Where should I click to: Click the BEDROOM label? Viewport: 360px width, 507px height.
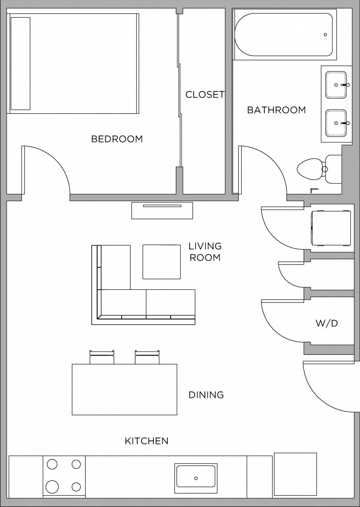(x=117, y=139)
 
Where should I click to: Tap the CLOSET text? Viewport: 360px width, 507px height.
(x=205, y=95)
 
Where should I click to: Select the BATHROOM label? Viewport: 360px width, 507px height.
(x=276, y=110)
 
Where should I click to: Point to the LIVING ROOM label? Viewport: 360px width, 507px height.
(x=205, y=252)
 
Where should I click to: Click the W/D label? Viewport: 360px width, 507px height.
(x=327, y=323)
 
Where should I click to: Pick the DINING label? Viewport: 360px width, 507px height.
(x=206, y=395)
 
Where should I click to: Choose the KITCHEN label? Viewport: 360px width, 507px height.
(x=147, y=441)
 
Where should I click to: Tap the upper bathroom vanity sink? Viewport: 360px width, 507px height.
(x=336, y=85)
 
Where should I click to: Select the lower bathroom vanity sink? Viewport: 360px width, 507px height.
(x=336, y=123)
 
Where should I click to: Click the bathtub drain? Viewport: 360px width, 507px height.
(x=326, y=35)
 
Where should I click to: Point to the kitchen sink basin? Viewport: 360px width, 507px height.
(x=196, y=476)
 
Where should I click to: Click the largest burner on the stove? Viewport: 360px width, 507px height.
(x=52, y=486)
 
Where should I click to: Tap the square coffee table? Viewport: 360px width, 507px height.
(x=162, y=262)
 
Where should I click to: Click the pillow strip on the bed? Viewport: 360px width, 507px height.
(x=21, y=63)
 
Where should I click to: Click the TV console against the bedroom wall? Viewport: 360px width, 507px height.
(x=162, y=210)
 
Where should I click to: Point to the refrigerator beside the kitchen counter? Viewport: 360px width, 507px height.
(x=295, y=474)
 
